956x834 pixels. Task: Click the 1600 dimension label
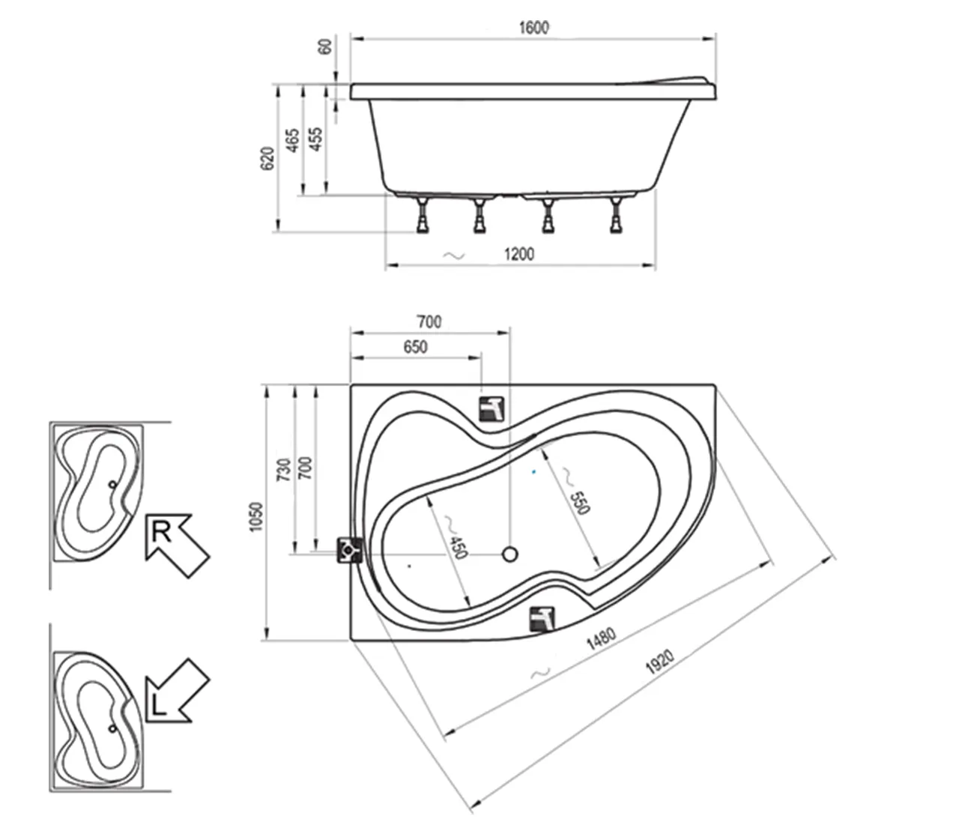pos(533,28)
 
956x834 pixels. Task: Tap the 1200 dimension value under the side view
pos(519,254)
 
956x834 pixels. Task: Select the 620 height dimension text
pos(267,158)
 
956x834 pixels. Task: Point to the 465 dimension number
pos(292,140)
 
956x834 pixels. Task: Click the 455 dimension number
pos(316,139)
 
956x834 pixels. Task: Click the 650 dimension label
pos(415,347)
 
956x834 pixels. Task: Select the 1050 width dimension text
pos(256,517)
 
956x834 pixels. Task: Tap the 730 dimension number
pos(284,470)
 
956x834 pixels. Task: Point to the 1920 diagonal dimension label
pos(660,662)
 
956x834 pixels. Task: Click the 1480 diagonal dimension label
pos(602,638)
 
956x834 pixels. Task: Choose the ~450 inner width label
pos(454,537)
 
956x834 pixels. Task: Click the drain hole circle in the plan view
pos(509,555)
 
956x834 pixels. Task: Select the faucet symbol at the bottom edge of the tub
pos(542,620)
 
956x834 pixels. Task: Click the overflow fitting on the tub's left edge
pos(350,551)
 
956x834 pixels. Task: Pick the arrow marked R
pos(177,545)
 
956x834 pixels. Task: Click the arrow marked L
pos(177,691)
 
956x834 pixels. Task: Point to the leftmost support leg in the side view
pos(423,215)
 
